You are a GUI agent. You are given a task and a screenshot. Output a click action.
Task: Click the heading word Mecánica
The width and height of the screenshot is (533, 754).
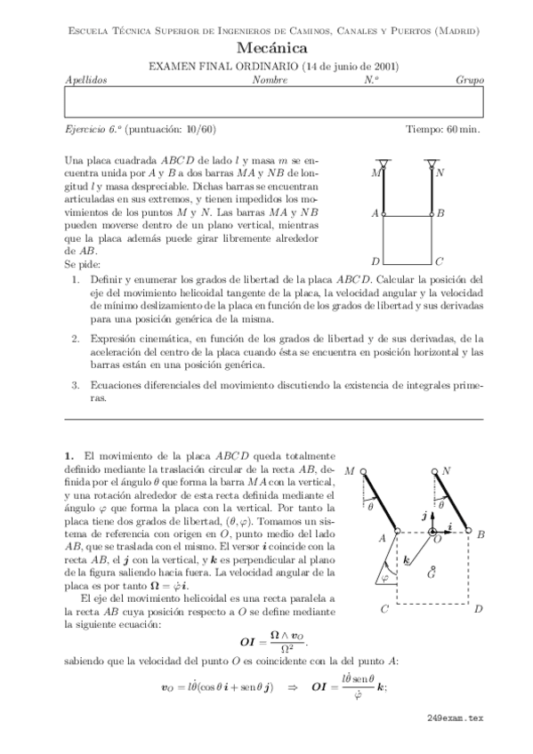(x=273, y=49)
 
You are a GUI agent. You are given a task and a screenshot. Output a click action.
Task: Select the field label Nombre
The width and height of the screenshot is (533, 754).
(x=270, y=80)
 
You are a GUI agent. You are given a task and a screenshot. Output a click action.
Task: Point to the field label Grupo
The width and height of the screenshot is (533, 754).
(x=469, y=80)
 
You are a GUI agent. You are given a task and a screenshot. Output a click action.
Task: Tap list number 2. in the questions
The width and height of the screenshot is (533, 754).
(x=77, y=338)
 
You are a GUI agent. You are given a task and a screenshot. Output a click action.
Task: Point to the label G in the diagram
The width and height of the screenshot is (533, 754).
(x=431, y=575)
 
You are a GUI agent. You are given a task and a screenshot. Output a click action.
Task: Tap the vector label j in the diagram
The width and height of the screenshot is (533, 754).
(x=424, y=515)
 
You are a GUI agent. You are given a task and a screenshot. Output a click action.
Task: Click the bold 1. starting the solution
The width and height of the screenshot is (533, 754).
(x=69, y=454)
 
